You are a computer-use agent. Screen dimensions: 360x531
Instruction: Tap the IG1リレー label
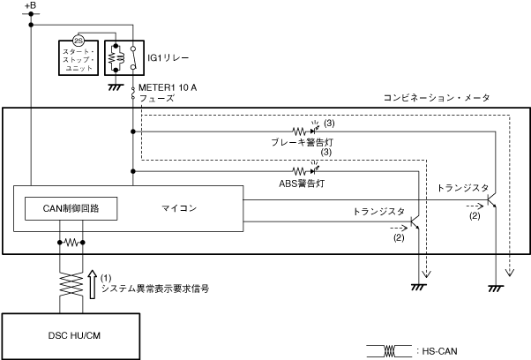pyautogui.click(x=165, y=57)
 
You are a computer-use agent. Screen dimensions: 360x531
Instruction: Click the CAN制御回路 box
pyautogui.click(x=71, y=208)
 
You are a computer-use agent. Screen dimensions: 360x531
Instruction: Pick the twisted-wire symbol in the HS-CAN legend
pyautogui.click(x=389, y=350)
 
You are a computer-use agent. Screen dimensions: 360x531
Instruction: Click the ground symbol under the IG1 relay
pyautogui.click(x=115, y=87)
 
